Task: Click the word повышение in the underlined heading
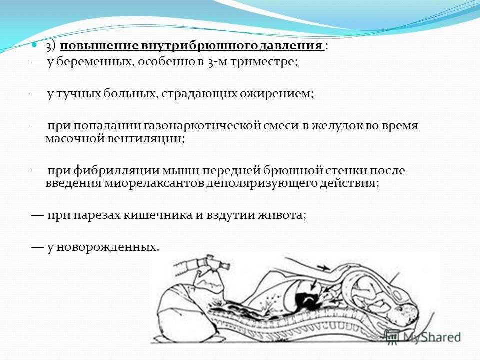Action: [x=100, y=46]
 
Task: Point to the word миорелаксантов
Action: [x=154, y=183]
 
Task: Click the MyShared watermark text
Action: [x=432, y=337]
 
